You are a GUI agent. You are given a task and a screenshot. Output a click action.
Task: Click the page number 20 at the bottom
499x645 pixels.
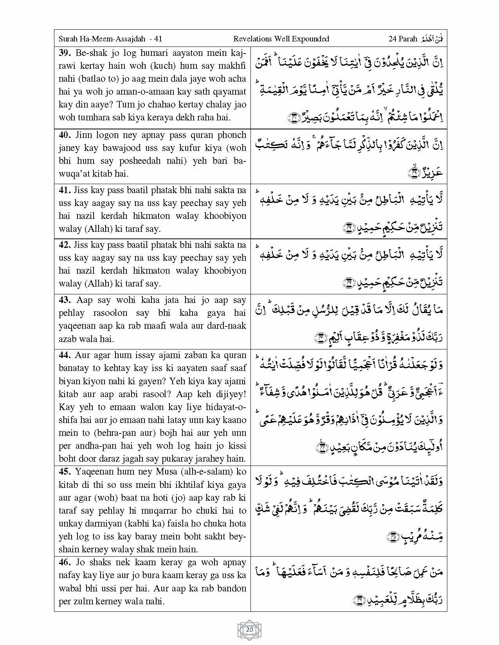[249, 630]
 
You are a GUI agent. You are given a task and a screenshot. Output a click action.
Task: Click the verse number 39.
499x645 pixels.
[65, 53]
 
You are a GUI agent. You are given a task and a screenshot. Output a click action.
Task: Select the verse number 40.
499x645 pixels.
[65, 135]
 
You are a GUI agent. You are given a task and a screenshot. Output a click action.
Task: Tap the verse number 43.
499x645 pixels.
[65, 300]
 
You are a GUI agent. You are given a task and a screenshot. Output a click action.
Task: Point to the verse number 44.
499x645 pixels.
[65, 355]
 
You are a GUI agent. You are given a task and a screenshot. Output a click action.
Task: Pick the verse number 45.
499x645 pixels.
[65, 472]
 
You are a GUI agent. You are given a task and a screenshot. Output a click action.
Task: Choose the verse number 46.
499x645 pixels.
[65, 563]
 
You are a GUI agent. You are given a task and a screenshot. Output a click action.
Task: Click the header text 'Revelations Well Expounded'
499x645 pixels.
[281, 39]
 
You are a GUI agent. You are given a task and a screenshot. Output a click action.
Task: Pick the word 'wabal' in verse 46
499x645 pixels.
[70, 588]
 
